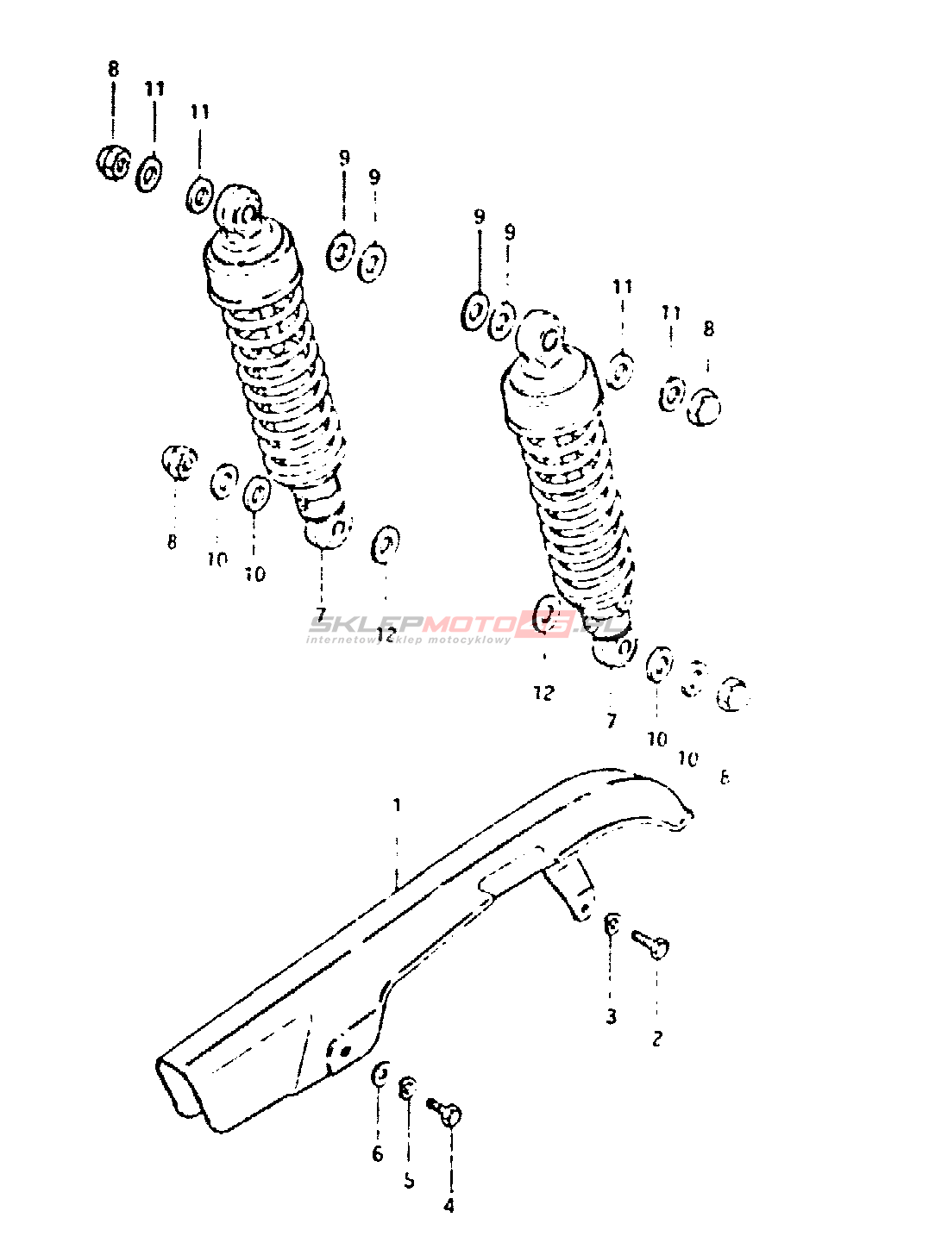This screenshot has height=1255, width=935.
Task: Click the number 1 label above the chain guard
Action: click(x=397, y=805)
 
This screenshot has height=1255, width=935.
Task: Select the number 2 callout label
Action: click(x=657, y=1039)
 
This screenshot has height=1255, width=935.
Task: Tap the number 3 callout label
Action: click(x=612, y=1016)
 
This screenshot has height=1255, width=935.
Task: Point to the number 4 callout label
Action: click(x=449, y=1206)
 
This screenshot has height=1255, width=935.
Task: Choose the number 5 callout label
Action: click(x=409, y=1180)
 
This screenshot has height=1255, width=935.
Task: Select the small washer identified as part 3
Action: click(x=612, y=925)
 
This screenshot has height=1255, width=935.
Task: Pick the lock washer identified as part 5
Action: click(x=408, y=1089)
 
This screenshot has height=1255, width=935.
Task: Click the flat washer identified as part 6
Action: click(x=380, y=1075)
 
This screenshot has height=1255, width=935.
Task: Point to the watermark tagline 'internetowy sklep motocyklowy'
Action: click(x=408, y=640)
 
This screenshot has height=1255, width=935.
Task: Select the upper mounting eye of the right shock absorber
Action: click(x=543, y=335)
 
